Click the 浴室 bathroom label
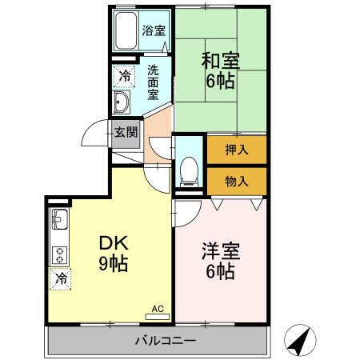154,31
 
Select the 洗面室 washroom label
154,82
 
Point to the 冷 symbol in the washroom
124,76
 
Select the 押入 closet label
236,149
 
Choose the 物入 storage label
236,180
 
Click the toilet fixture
189,169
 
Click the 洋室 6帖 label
218,262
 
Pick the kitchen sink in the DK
60,218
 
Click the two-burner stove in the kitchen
60,255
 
